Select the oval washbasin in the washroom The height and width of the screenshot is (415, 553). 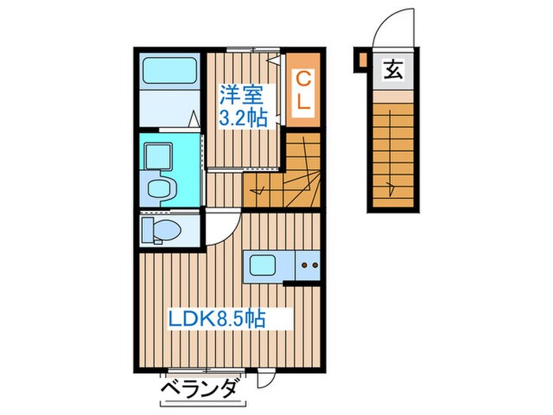162,189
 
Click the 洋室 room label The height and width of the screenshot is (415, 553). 239,95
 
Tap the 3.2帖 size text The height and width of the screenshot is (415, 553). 242,118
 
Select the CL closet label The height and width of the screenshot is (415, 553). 303,89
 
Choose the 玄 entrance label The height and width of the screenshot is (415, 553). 393,70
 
